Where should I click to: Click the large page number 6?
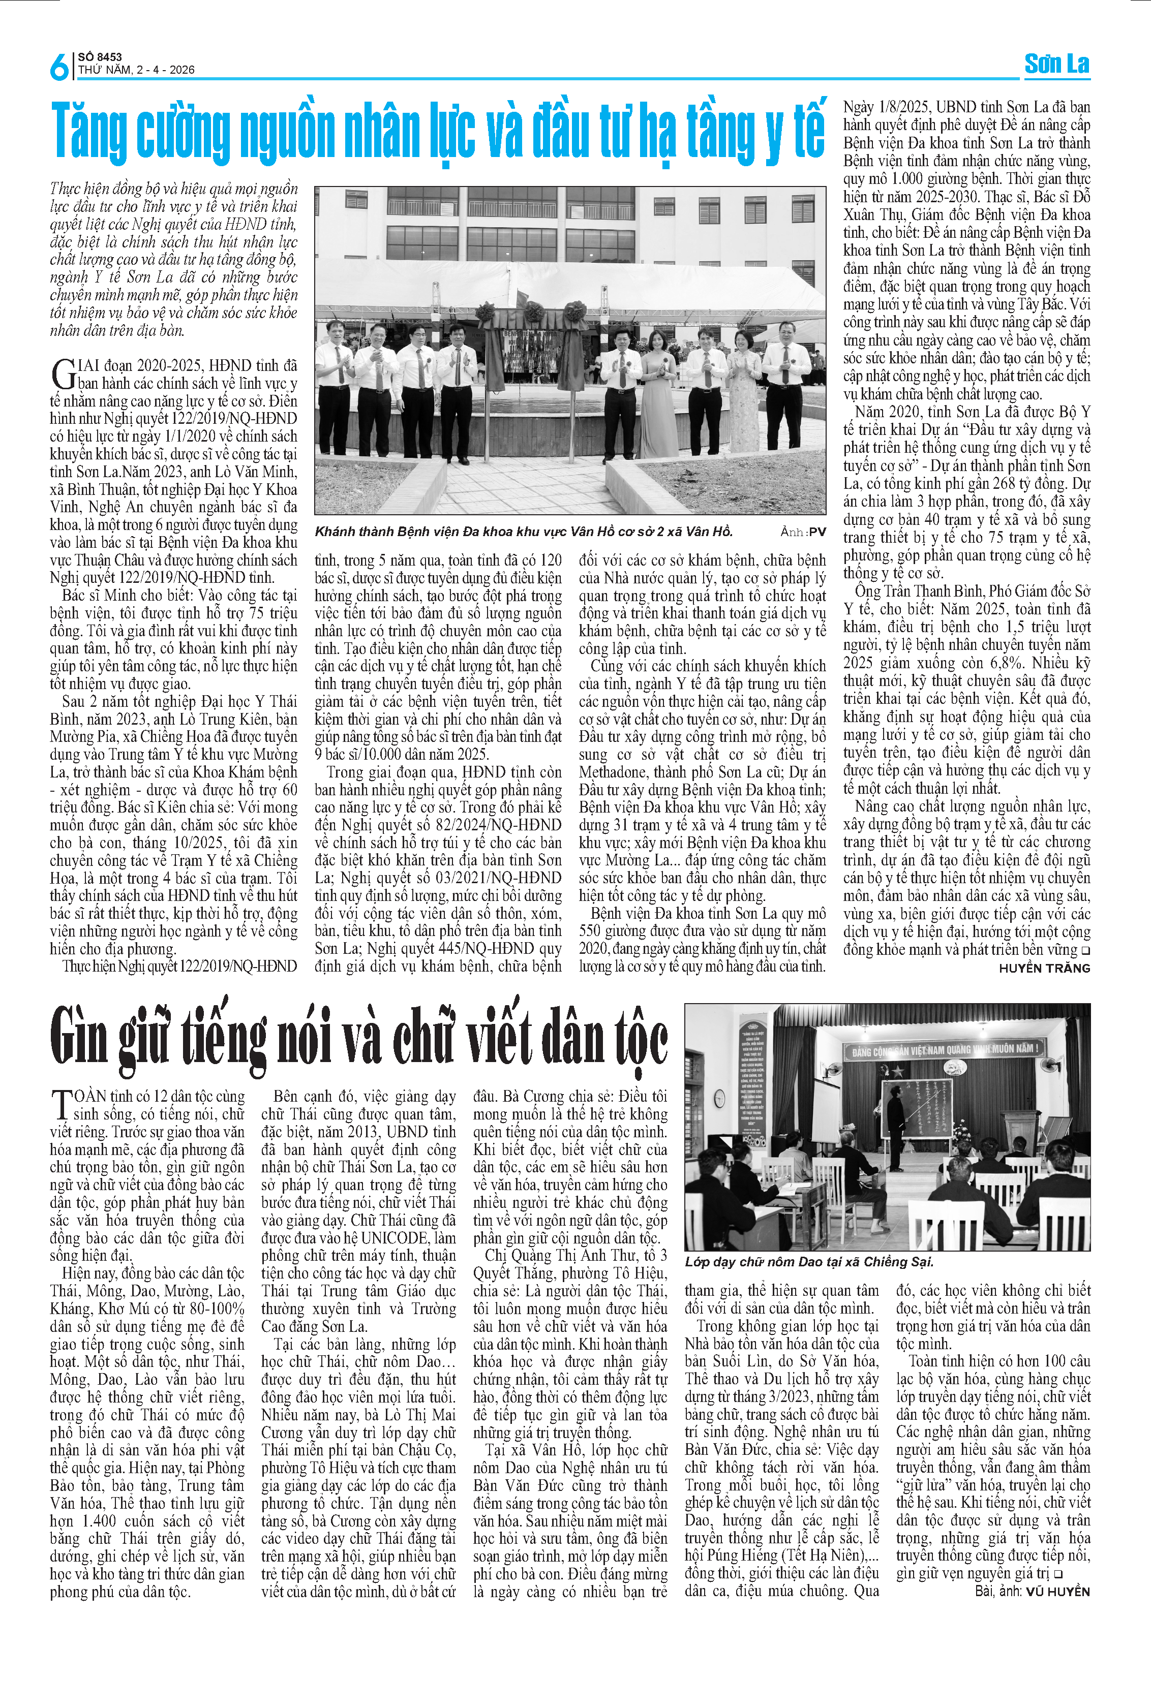tap(58, 66)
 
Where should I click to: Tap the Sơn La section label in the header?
tap(1056, 65)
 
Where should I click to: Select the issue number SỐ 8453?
tap(100, 57)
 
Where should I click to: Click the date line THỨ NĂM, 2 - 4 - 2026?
tap(136, 70)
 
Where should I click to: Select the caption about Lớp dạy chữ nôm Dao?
tap(809, 1261)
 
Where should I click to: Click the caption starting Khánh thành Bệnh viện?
tap(523, 532)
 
